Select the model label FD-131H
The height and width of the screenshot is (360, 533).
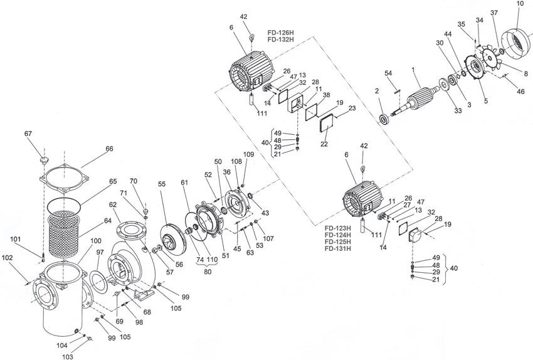336,248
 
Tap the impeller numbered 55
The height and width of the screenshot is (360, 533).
174,231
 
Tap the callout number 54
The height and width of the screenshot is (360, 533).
389,74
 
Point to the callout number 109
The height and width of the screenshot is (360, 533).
249,154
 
